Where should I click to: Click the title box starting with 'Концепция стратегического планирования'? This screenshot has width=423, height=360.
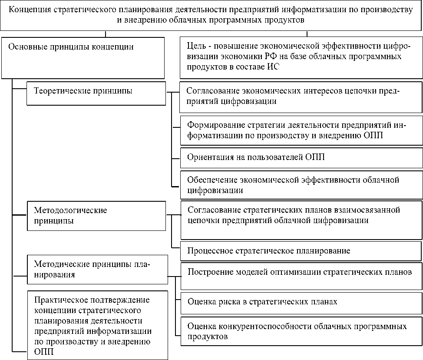point(211,15)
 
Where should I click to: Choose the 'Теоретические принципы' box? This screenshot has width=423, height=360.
point(96,93)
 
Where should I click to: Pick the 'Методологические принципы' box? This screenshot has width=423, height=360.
point(96,215)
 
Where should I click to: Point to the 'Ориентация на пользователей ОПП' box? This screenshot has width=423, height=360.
point(301,157)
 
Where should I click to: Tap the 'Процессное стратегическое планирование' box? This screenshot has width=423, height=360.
point(301,251)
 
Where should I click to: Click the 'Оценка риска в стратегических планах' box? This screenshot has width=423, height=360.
point(301,301)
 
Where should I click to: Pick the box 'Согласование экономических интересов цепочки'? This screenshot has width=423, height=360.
point(301,96)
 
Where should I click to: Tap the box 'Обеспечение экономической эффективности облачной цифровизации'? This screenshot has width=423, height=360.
point(301,184)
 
